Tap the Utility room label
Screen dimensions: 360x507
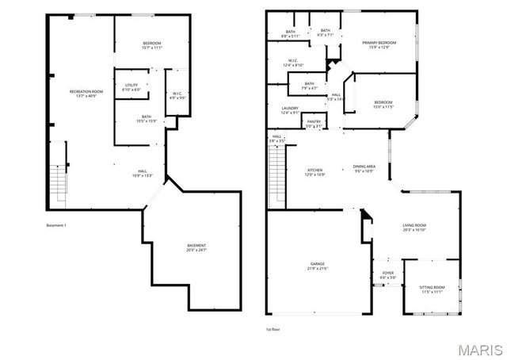(132, 87)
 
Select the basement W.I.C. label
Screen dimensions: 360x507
(178, 96)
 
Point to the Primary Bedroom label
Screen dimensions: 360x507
(379, 44)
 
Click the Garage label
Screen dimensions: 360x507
(317, 266)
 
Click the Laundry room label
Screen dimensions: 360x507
(289, 110)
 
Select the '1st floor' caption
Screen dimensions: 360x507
(274, 328)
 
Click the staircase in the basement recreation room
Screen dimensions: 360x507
(58, 182)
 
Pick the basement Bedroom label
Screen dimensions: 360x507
(151, 44)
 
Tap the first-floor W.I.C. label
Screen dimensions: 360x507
(292, 63)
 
